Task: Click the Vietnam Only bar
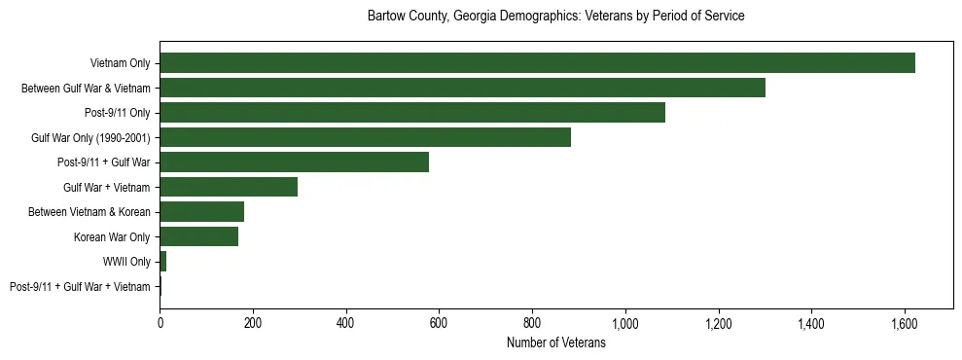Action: click(x=537, y=63)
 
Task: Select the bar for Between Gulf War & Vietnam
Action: click(x=462, y=88)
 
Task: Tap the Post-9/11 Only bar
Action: click(x=412, y=113)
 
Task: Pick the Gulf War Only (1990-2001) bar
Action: click(x=365, y=137)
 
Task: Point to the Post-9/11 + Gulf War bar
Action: click(x=294, y=162)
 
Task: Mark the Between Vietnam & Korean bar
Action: click(x=201, y=212)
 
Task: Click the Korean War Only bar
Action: click(x=198, y=236)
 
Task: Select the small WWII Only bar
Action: click(x=163, y=262)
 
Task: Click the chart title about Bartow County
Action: click(x=555, y=17)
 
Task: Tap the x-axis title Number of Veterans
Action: click(x=555, y=343)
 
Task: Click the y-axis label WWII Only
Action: click(x=126, y=262)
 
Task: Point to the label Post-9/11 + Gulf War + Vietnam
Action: click(x=80, y=287)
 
